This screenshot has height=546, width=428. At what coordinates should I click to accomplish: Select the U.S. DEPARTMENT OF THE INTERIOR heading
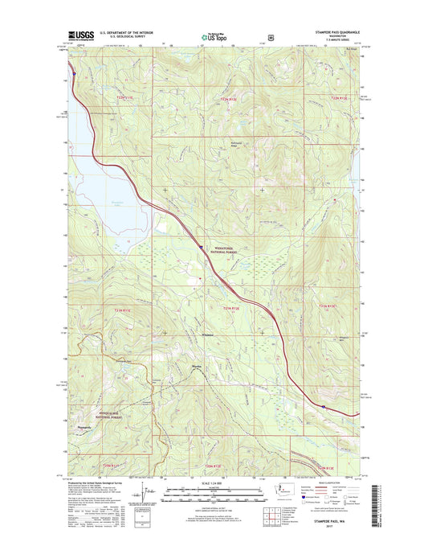[x=120, y=33]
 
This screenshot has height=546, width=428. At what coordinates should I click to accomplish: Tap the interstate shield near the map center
[x=202, y=247]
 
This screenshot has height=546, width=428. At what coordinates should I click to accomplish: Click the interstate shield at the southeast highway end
[x=324, y=407]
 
